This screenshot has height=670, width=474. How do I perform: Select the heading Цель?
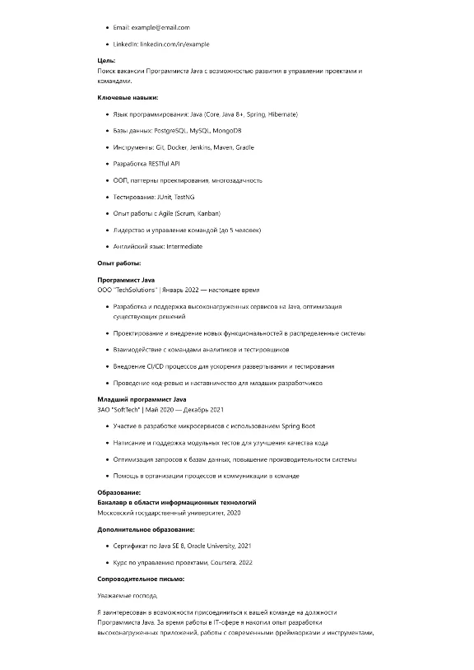tap(106, 60)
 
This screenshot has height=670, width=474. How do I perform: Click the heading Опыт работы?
tap(118, 263)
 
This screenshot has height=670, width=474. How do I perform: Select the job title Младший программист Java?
tap(142, 398)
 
